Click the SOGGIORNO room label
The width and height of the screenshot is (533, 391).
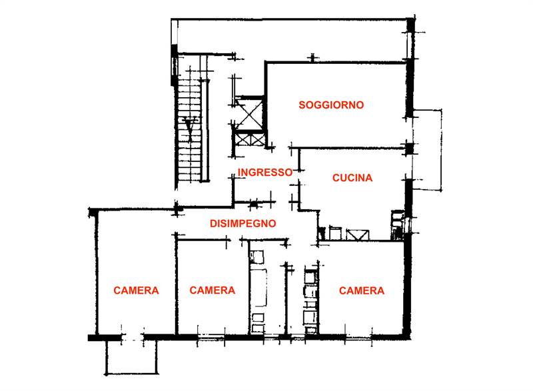(x=330, y=105)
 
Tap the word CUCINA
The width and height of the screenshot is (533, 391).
(x=352, y=178)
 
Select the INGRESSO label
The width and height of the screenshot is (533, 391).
(x=265, y=172)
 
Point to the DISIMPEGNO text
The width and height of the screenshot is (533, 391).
(x=242, y=223)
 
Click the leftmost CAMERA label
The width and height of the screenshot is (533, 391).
(x=136, y=290)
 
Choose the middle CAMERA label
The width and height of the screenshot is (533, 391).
(x=212, y=290)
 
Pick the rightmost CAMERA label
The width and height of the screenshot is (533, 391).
(x=361, y=290)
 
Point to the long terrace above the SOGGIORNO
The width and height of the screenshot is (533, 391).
(x=293, y=40)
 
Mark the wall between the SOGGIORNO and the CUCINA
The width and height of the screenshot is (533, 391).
(x=350, y=148)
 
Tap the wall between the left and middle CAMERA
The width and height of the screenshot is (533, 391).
(x=176, y=286)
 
